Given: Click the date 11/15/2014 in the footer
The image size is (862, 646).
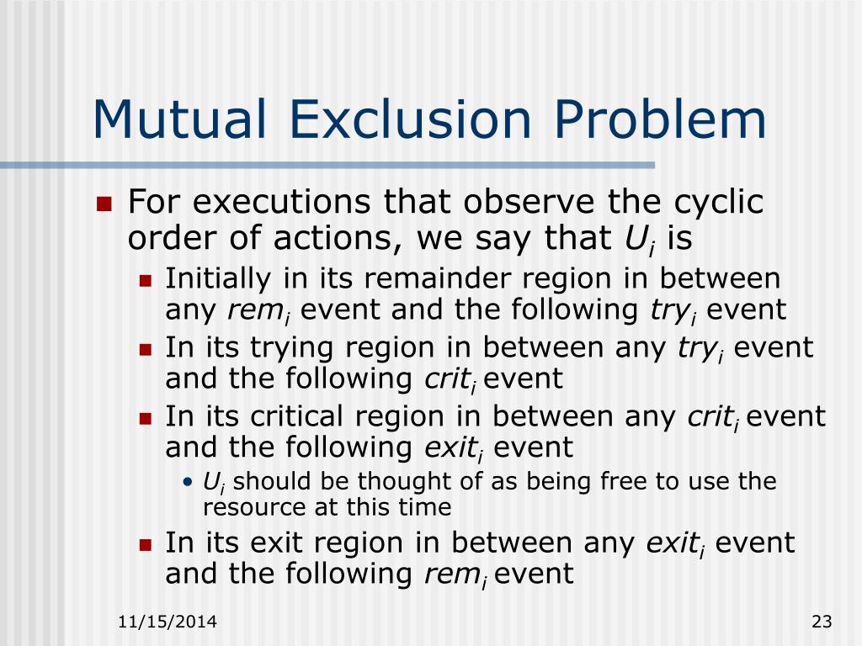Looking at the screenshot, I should (168, 622).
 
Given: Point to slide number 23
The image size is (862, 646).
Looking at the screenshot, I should (822, 622).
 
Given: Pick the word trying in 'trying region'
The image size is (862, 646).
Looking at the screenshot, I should (282, 347).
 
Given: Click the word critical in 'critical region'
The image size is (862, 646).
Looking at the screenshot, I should (295, 416).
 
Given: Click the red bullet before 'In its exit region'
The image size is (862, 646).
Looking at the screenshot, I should (145, 544).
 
